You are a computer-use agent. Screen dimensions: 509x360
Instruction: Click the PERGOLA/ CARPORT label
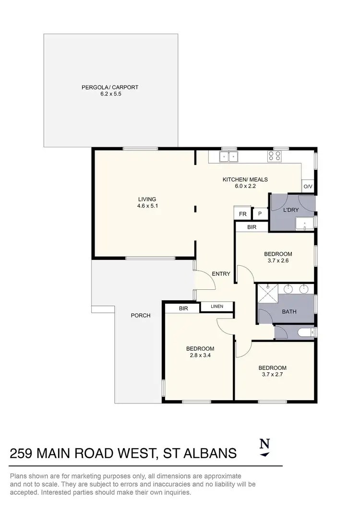pyautogui.click(x=110, y=87)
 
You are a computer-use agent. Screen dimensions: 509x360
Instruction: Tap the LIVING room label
pyautogui.click(x=147, y=199)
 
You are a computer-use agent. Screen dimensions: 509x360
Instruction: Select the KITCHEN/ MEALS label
pyautogui.click(x=245, y=180)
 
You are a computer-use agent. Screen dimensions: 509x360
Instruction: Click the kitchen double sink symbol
pyautogui.click(x=228, y=156)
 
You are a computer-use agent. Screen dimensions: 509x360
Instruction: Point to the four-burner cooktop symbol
pyautogui.click(x=275, y=156)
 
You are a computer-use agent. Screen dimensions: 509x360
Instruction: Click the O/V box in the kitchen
pyautogui.click(x=307, y=187)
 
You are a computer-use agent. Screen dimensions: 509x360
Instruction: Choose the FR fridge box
pyautogui.click(x=243, y=214)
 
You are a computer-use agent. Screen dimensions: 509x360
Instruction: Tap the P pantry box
pyautogui.click(x=260, y=214)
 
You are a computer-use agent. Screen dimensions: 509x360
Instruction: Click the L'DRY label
pyautogui.click(x=290, y=210)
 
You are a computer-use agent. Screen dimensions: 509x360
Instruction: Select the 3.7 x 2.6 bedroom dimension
pyautogui.click(x=278, y=261)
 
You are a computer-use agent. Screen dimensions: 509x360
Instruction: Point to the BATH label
pyautogui.click(x=289, y=312)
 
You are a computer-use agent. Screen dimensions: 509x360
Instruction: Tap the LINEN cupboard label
pyautogui.click(x=216, y=306)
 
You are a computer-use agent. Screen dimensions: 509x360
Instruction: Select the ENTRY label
pyautogui.click(x=221, y=274)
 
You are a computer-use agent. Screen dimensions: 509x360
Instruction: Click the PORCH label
pyautogui.click(x=141, y=316)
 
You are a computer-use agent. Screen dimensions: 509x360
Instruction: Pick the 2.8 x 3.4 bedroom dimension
pyautogui.click(x=200, y=356)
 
